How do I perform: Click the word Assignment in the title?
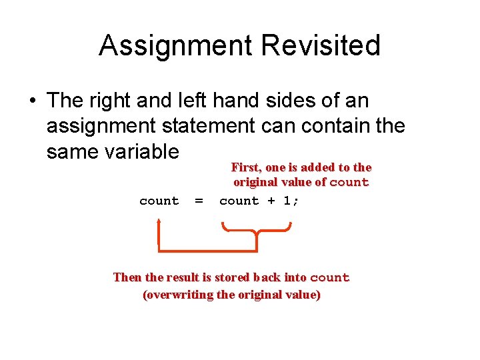[176, 46]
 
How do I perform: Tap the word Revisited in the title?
[321, 46]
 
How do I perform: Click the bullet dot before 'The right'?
[32, 101]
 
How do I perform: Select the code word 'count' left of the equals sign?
[159, 201]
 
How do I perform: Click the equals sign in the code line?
[198, 201]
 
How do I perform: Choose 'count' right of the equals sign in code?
[239, 201]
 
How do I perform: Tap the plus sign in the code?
[271, 201]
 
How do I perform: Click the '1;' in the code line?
[291, 201]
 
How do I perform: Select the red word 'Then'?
[127, 277]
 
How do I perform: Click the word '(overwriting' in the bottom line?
[178, 295]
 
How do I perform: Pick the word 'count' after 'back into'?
[329, 277]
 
